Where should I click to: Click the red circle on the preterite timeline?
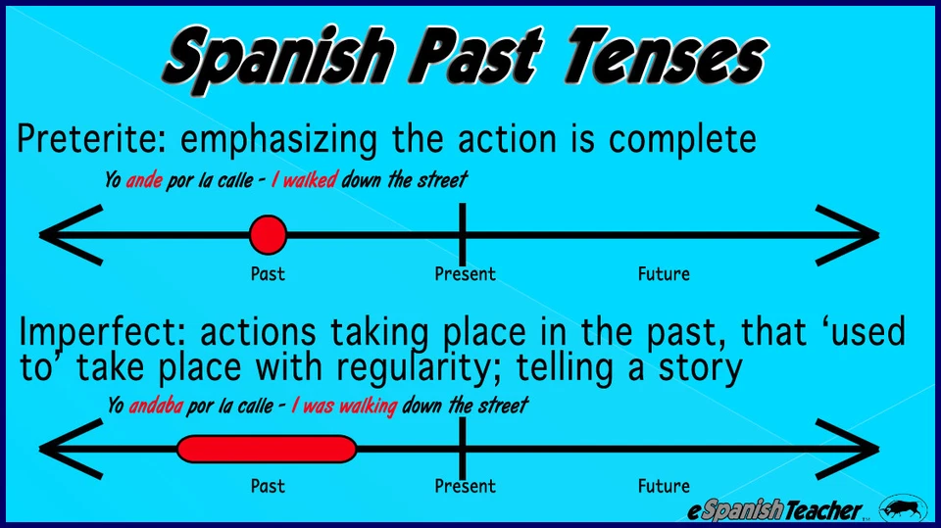[x=268, y=235]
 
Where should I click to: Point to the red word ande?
[x=144, y=181]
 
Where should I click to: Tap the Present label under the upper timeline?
[x=465, y=274]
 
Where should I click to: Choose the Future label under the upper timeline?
[x=664, y=274]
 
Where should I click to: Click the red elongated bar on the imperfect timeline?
[x=266, y=449]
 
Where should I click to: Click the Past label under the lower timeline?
[x=268, y=486]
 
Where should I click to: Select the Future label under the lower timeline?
[x=664, y=486]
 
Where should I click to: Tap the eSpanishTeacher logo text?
[x=774, y=509]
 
